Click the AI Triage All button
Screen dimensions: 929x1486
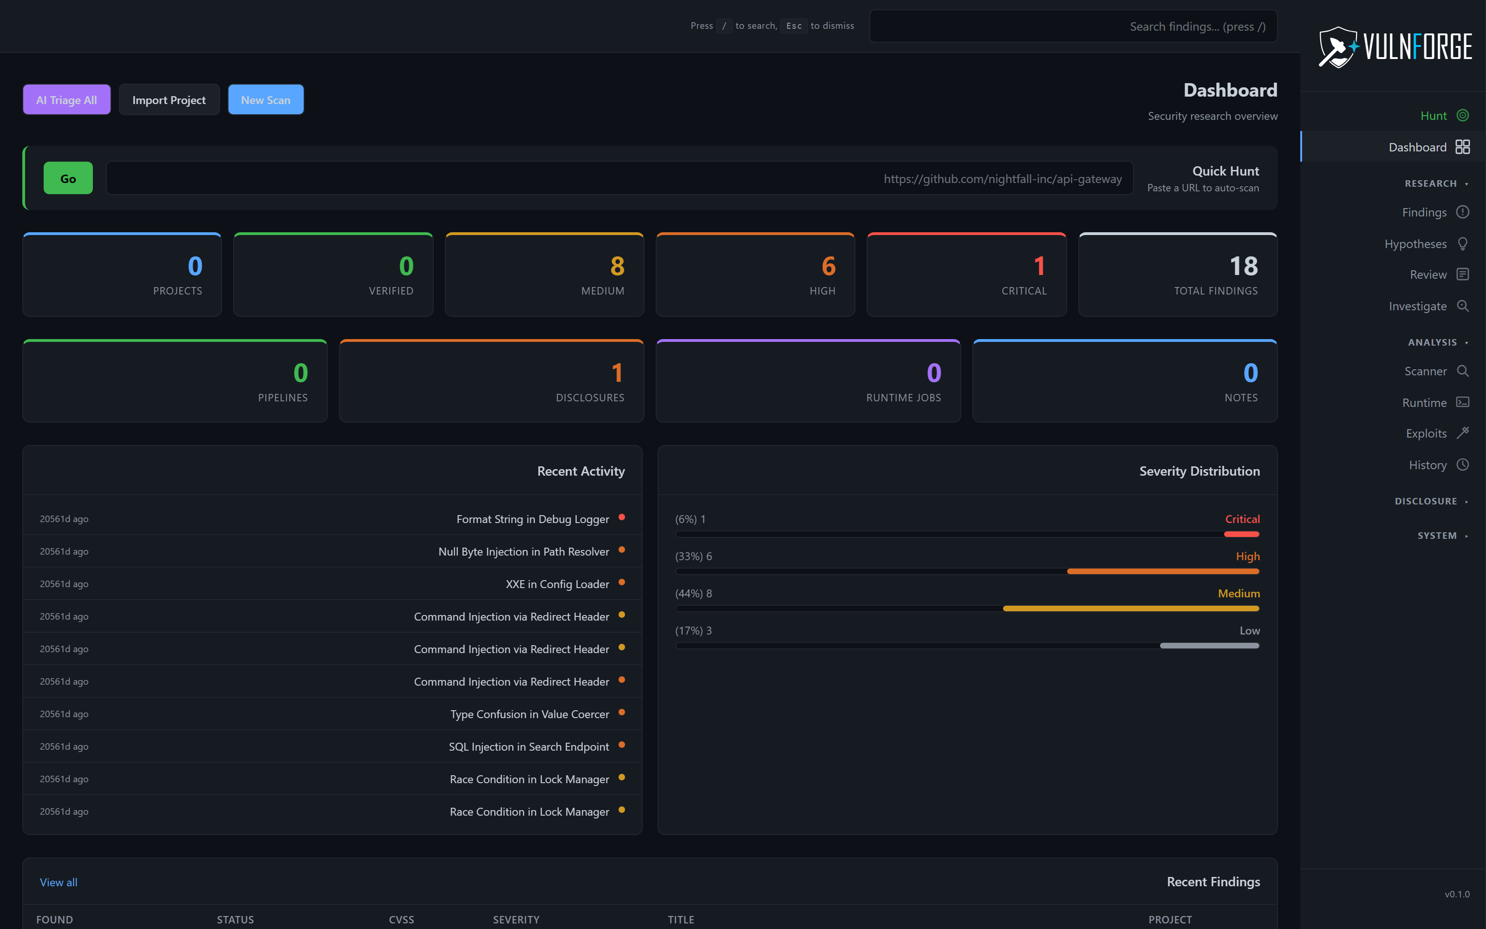(66, 99)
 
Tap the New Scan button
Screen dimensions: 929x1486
(265, 99)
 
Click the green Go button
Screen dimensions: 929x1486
(68, 178)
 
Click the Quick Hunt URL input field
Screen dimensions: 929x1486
(619, 178)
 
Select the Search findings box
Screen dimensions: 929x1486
(1073, 26)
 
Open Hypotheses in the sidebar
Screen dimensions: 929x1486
(1415, 244)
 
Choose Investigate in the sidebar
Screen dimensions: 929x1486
(1417, 306)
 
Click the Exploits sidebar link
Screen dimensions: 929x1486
(1426, 433)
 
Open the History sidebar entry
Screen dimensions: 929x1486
(1427, 465)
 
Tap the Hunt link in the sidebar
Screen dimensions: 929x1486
(1433, 116)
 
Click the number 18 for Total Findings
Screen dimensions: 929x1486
(1244, 266)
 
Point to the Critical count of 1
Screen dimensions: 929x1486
(1039, 266)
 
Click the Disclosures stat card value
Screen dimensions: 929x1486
(617, 373)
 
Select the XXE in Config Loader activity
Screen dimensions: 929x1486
(557, 584)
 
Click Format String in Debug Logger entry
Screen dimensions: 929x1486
(532, 519)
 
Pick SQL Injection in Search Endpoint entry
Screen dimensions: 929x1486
(529, 746)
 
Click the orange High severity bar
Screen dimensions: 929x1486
(1162, 571)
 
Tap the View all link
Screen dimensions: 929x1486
(59, 882)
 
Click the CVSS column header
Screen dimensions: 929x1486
(401, 919)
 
